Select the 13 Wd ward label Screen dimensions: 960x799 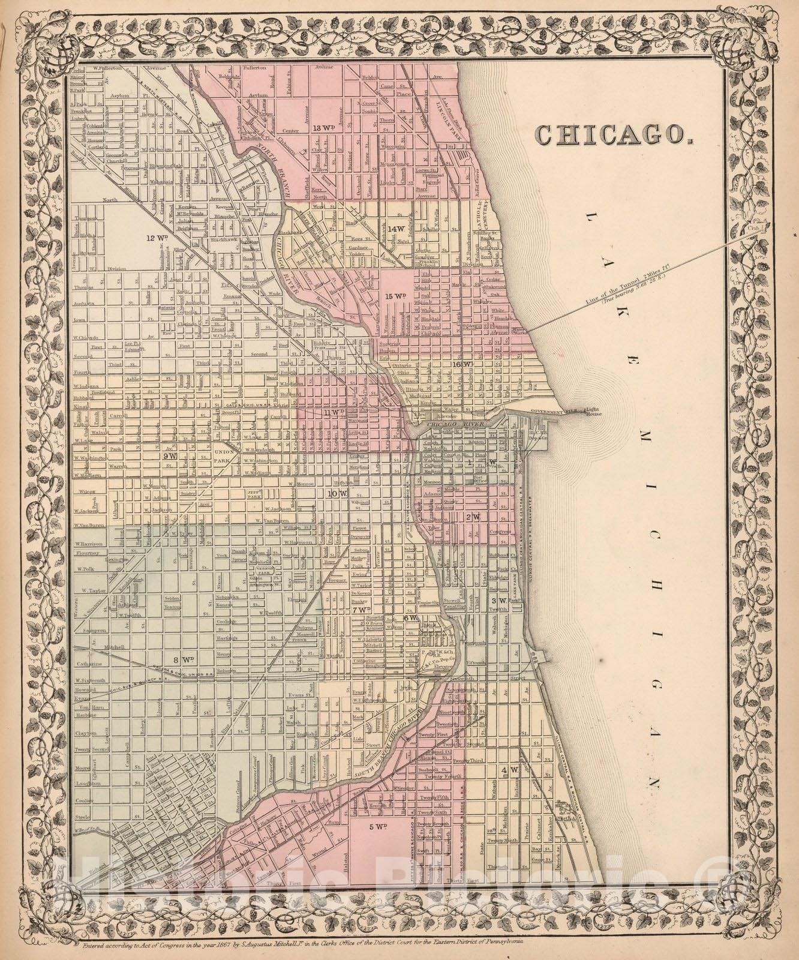tap(324, 127)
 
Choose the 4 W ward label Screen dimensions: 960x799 tap(510, 769)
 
